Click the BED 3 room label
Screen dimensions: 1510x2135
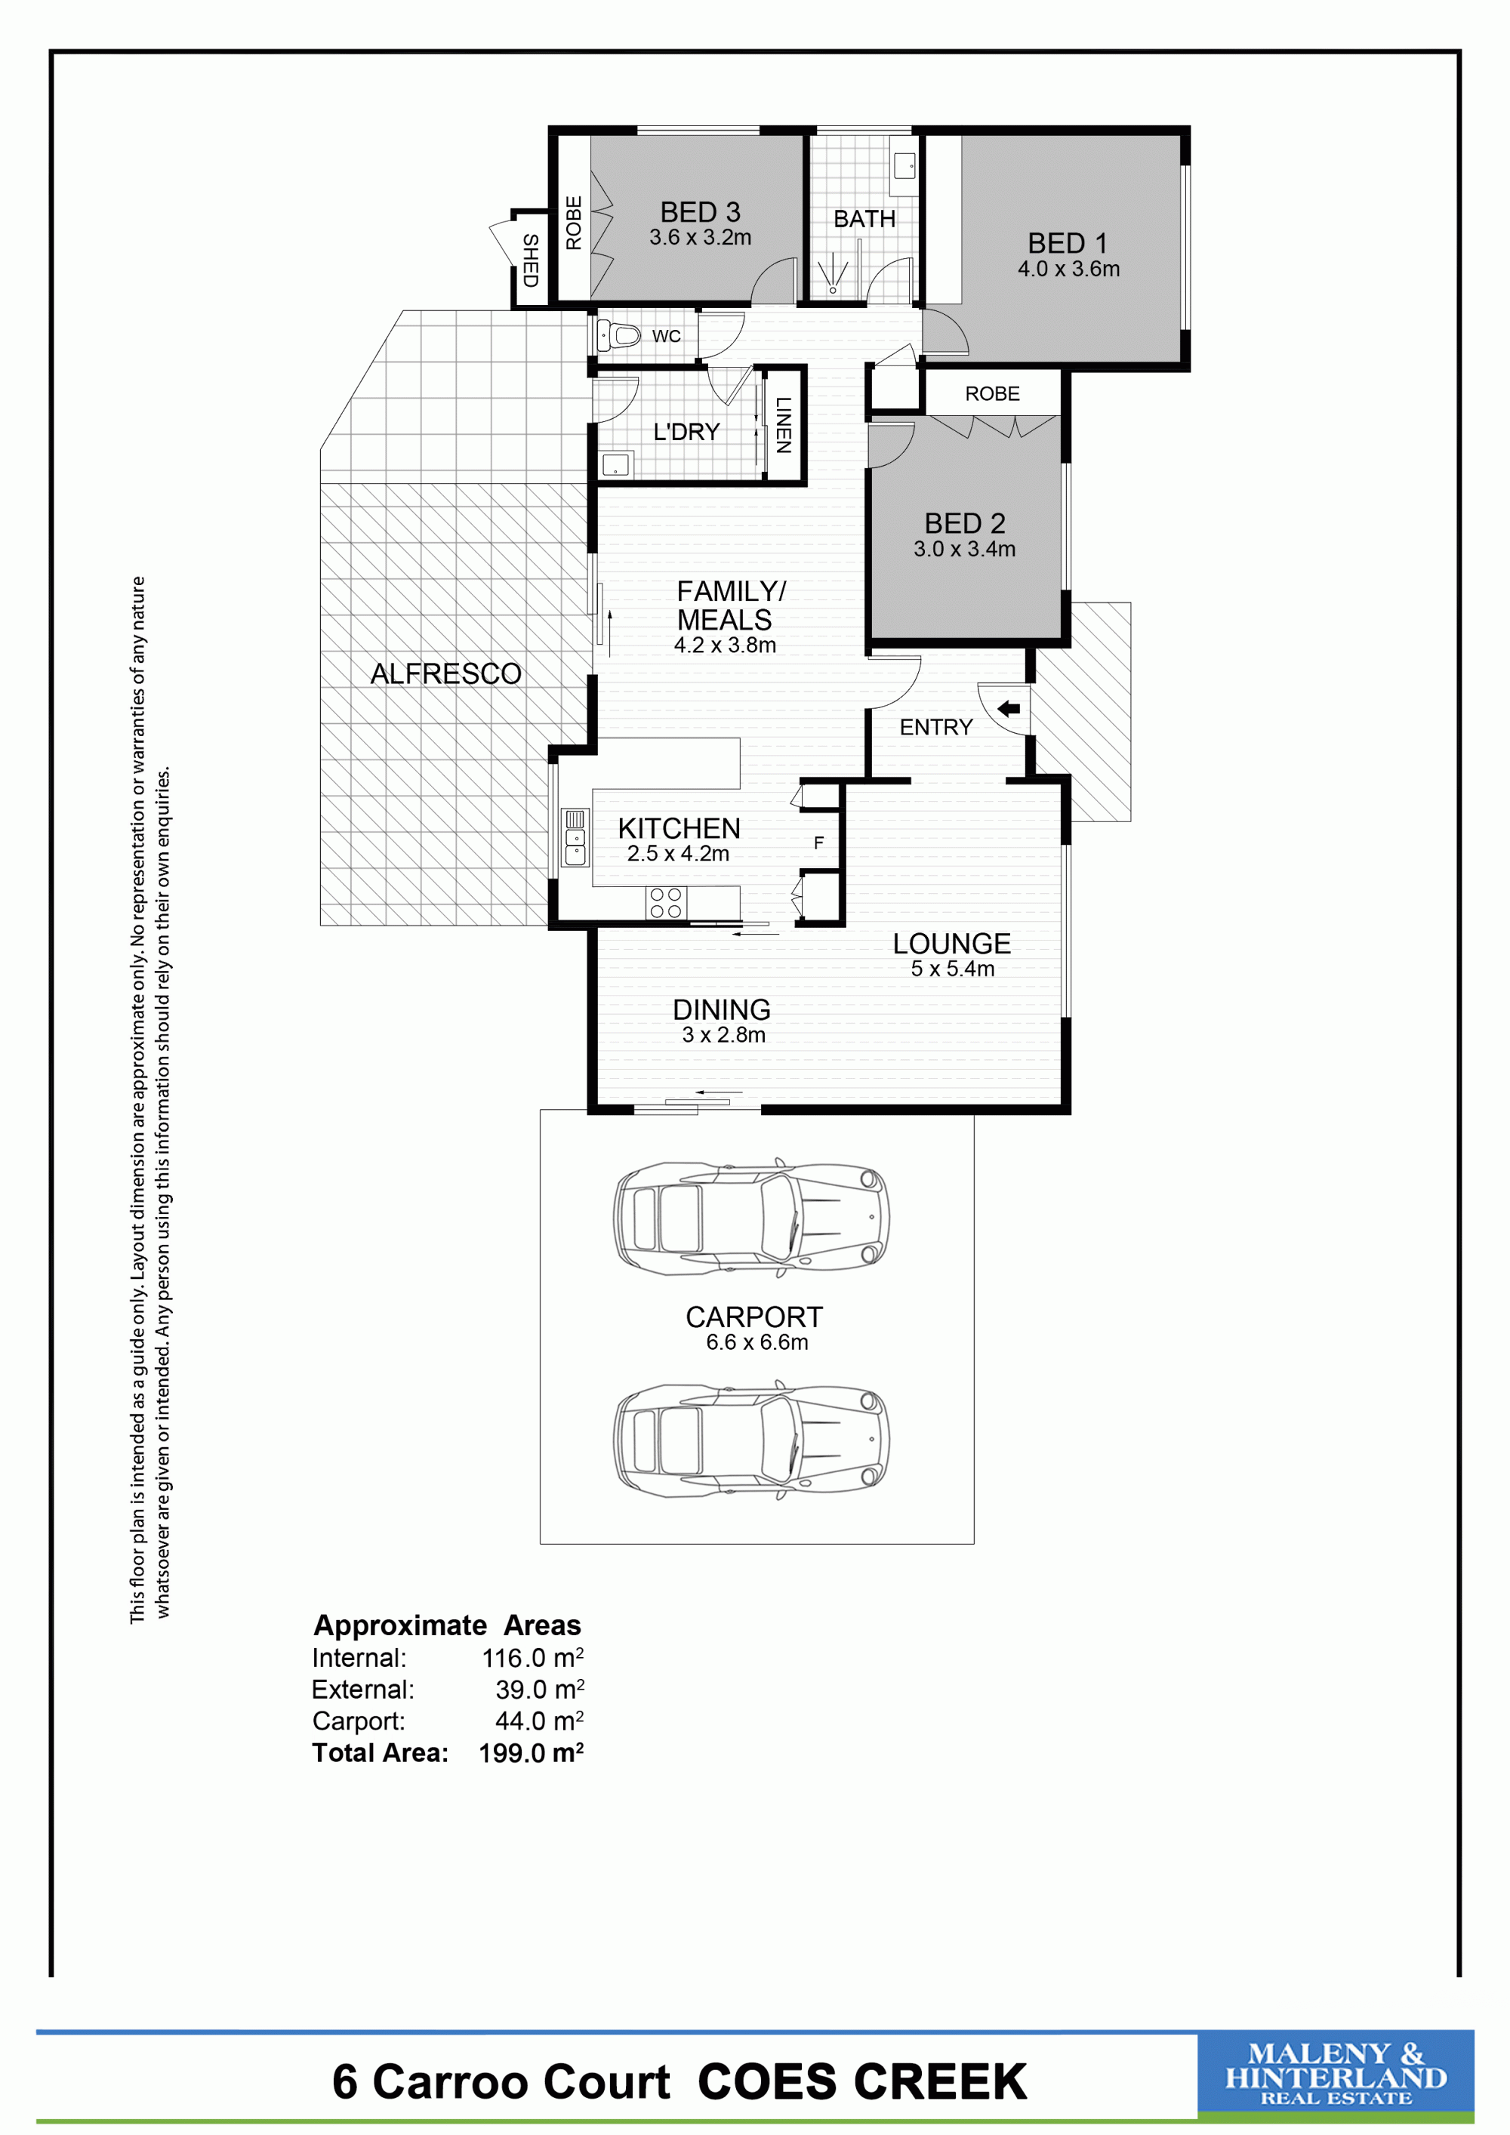700,212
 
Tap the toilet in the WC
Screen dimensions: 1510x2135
618,334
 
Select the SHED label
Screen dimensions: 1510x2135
530,260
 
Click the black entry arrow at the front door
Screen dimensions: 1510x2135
1008,710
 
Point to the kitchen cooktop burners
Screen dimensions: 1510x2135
666,903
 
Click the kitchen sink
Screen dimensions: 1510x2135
575,837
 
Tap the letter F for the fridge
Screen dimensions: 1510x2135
818,843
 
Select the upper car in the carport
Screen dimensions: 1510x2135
751,1216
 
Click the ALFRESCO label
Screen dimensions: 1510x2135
445,673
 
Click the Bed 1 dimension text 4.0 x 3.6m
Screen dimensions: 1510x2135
1068,269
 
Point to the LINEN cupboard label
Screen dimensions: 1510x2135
784,425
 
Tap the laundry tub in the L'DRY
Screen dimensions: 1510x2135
615,464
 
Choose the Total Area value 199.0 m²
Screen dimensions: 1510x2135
531,1753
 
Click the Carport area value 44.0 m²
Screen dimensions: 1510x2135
539,1721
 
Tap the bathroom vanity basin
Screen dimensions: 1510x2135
904,166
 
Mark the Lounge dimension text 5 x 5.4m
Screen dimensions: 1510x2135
952,969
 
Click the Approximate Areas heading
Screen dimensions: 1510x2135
447,1625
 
